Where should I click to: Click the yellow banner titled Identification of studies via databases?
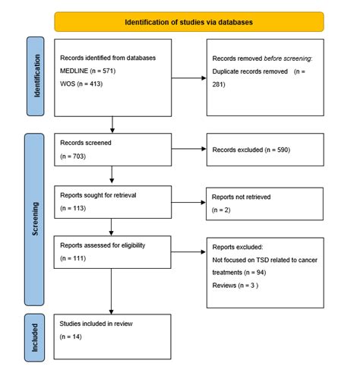click(x=189, y=22)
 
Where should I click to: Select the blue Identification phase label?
click(x=36, y=76)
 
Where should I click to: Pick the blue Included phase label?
click(x=36, y=336)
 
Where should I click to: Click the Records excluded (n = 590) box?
click(x=264, y=150)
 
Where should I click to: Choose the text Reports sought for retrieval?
click(x=97, y=194)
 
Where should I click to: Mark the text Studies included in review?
click(x=94, y=324)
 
